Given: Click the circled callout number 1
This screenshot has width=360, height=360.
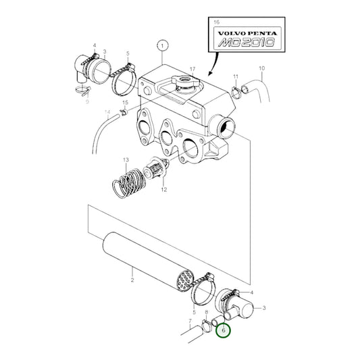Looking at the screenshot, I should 161,46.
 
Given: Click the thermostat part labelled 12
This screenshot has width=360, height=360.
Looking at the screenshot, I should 157,173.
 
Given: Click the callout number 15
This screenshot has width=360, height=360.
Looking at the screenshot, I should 124,101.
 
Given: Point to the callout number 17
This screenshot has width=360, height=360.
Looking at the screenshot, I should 192,69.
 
